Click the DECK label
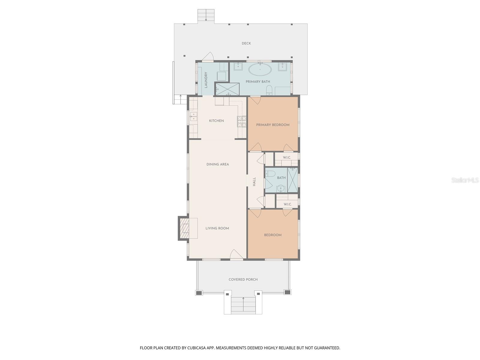click(246, 43)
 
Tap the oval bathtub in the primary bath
click(260, 70)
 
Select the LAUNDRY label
click(206, 80)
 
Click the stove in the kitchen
click(242, 121)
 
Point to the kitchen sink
click(193, 116)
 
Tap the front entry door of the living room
click(236, 255)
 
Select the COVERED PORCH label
click(243, 280)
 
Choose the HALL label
click(254, 181)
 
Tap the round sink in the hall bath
click(280, 188)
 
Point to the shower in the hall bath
click(292, 180)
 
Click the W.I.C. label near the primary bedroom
click(287, 157)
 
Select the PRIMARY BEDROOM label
click(273, 125)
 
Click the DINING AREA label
click(217, 164)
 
